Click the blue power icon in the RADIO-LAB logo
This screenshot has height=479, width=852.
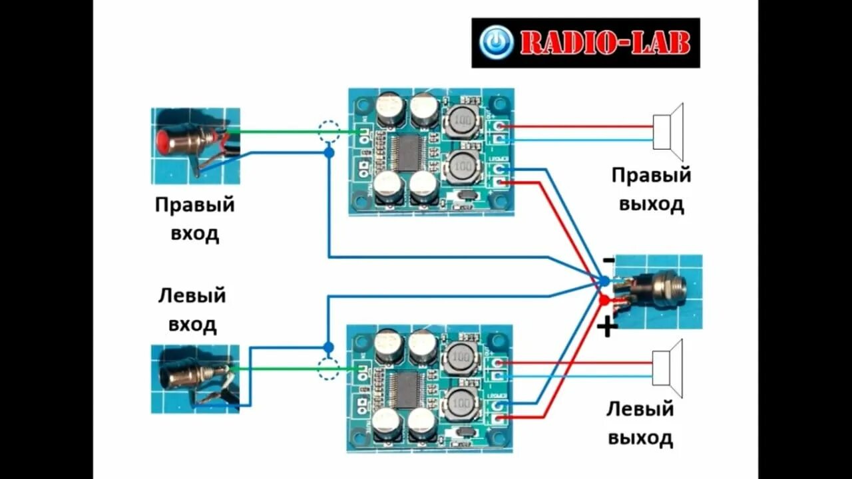click(x=496, y=42)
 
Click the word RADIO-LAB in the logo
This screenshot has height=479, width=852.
click(x=604, y=43)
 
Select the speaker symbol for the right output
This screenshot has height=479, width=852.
click(x=668, y=132)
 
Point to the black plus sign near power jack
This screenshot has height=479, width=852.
click(x=607, y=327)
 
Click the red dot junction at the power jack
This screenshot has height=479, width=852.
click(x=604, y=301)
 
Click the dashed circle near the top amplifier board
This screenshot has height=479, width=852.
click(x=329, y=131)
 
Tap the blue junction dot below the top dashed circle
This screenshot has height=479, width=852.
click(x=329, y=153)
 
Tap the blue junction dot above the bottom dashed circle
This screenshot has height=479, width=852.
click(x=327, y=347)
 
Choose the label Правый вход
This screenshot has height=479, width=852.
click(x=194, y=219)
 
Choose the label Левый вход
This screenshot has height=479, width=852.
click(x=192, y=310)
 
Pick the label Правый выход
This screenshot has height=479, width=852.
click(x=651, y=189)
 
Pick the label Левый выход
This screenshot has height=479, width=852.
click(x=640, y=423)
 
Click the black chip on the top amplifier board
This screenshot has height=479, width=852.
click(x=406, y=152)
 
